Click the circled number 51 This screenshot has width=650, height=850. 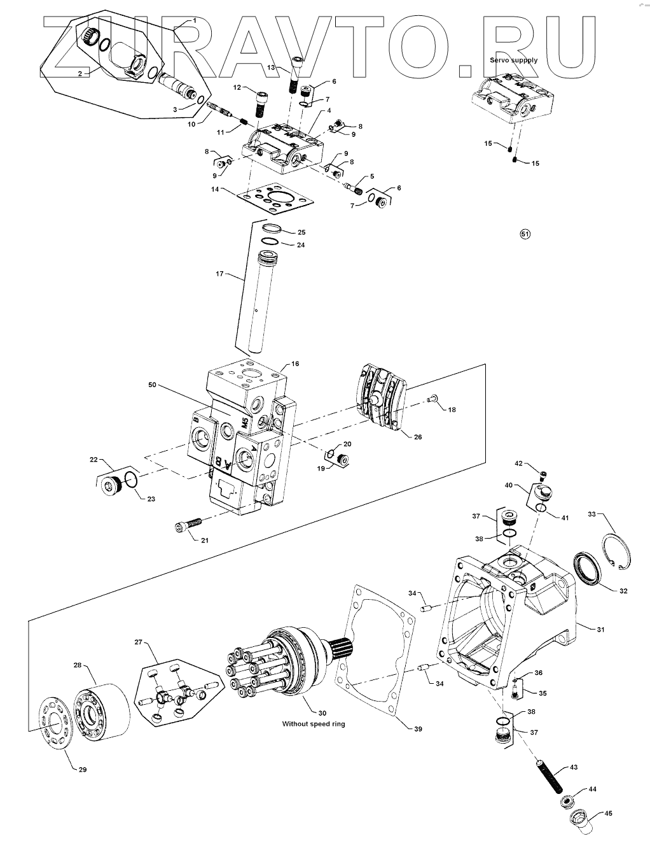(x=525, y=234)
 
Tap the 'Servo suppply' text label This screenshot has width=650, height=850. (x=513, y=60)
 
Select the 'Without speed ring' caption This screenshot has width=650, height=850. (x=314, y=724)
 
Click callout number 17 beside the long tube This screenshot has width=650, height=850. (x=220, y=274)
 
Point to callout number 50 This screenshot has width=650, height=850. (x=151, y=386)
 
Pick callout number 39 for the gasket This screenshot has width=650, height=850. (x=417, y=728)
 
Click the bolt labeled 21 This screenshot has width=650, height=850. (x=187, y=526)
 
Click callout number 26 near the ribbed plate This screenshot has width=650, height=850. (x=417, y=437)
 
